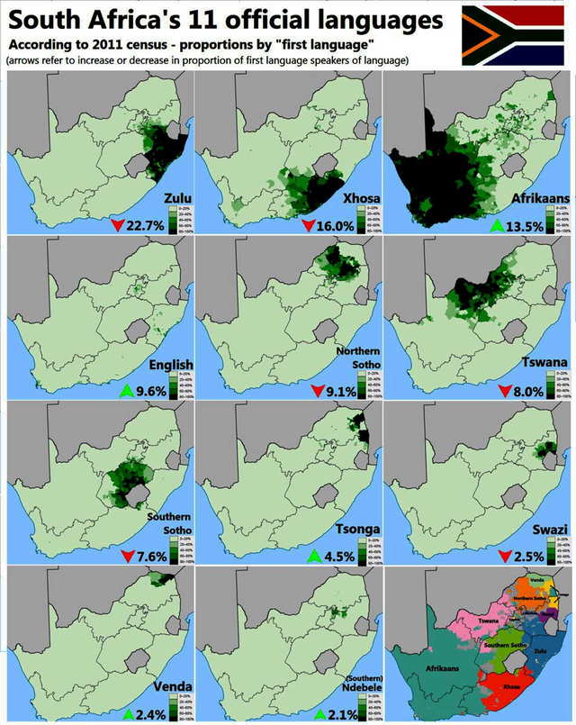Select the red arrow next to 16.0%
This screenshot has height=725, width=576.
tap(309, 224)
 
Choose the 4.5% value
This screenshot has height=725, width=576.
tap(339, 556)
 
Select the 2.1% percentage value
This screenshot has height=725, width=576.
tap(339, 715)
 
